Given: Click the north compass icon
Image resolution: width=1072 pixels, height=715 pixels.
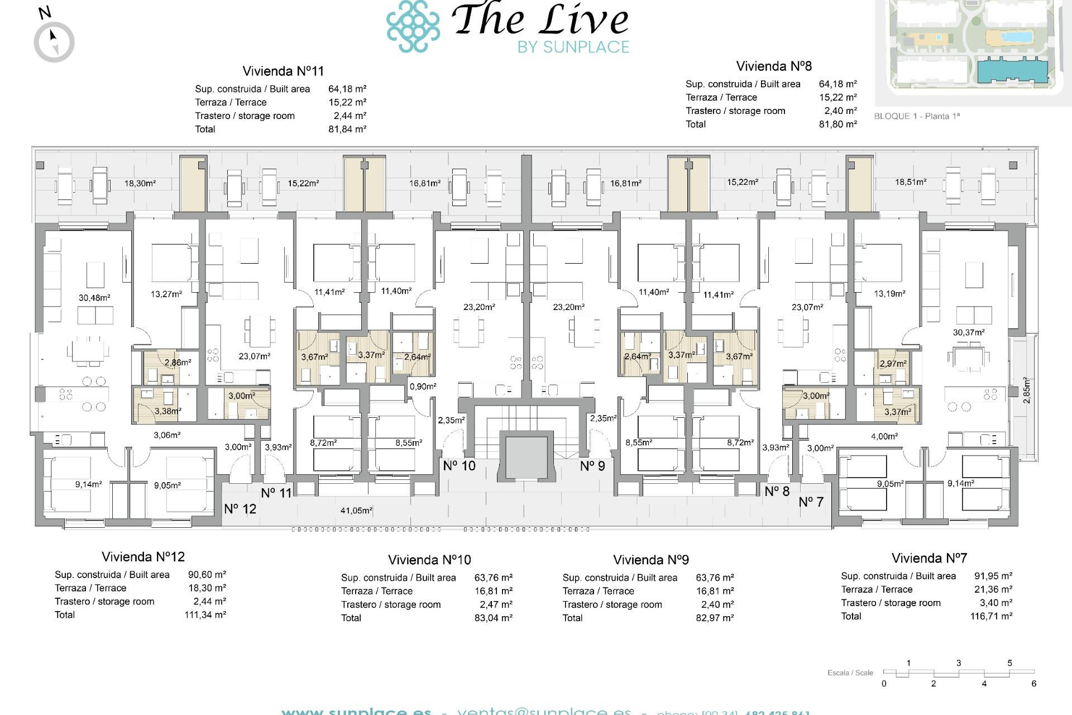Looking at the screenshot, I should [54, 41].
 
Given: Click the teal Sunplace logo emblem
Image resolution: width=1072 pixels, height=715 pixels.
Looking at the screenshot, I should [413, 26].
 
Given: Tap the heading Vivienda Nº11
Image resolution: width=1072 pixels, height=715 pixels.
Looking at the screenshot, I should [283, 71].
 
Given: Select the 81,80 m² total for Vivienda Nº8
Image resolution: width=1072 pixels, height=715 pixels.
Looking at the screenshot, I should [837, 124].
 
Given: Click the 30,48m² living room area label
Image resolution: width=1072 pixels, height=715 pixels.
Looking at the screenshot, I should [94, 298].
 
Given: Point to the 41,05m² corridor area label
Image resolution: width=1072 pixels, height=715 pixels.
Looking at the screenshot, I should [356, 510].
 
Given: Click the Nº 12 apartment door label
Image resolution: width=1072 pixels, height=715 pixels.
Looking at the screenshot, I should [240, 509].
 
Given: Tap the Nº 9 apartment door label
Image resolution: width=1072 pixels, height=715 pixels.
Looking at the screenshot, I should [592, 466].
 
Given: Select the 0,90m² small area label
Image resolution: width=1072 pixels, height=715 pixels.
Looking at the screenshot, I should [423, 386].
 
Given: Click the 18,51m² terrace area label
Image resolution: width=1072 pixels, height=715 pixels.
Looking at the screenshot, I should [911, 182].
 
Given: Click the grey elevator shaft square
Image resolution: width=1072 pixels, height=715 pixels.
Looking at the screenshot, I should [527, 457].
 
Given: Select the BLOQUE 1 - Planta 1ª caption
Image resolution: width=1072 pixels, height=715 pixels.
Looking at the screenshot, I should [917, 116].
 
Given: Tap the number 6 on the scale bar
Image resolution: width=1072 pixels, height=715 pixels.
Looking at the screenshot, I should [1033, 684].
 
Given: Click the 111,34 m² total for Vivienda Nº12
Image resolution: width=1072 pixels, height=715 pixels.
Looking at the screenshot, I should [205, 614].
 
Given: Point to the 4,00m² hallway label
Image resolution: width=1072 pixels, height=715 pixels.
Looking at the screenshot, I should [884, 436].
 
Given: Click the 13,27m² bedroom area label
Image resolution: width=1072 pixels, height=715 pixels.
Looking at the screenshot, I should [166, 294].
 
